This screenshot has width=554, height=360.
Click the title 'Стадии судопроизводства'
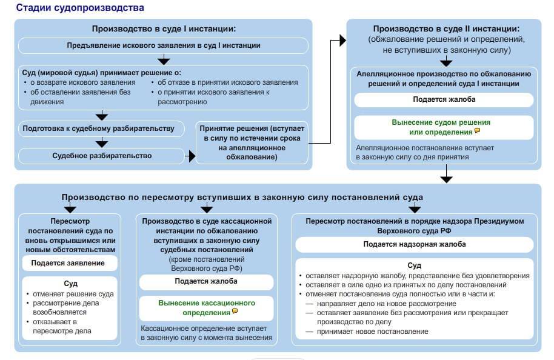(x=80, y=8)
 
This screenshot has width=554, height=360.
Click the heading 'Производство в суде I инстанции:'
(x=164, y=28)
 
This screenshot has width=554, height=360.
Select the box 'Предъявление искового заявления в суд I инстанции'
(x=164, y=45)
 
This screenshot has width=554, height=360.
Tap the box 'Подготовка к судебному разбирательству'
(x=98, y=128)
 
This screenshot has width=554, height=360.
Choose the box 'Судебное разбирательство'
(x=101, y=156)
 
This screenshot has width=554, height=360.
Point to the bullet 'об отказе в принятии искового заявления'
(x=227, y=82)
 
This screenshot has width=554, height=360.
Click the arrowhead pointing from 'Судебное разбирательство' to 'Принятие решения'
(x=192, y=156)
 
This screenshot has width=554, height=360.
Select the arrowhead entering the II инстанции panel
(x=342, y=41)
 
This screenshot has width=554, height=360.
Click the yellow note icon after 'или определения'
(x=477, y=131)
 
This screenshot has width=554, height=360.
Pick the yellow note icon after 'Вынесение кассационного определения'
(x=235, y=312)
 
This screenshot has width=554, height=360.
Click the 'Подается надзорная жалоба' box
(x=415, y=244)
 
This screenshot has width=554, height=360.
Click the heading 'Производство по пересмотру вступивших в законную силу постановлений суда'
(x=242, y=197)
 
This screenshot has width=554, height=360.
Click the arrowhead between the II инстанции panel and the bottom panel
(x=447, y=179)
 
